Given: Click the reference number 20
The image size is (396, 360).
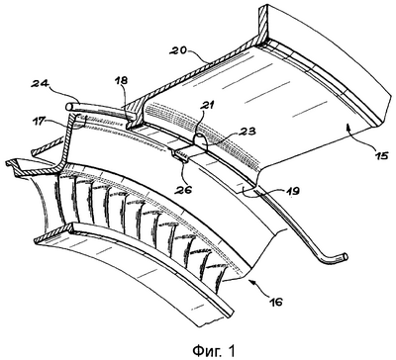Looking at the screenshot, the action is [178, 50].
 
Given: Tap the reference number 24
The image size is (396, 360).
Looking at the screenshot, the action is [40, 84].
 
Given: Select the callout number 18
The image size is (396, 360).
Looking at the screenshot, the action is [122, 80].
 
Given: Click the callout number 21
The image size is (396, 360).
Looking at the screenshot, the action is [208, 106].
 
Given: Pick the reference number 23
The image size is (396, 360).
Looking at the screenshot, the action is [247, 132].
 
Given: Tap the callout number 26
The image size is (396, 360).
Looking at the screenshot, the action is [184, 190].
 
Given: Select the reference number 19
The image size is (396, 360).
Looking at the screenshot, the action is [291, 190].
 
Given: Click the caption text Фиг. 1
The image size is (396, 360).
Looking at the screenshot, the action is [214, 350].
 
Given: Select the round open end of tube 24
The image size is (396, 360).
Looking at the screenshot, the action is [69, 107].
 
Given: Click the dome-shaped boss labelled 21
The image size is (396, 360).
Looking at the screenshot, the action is [200, 139].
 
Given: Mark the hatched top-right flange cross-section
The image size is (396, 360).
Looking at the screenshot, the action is [262, 27].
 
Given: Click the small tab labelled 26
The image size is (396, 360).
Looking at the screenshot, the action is [180, 155].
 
